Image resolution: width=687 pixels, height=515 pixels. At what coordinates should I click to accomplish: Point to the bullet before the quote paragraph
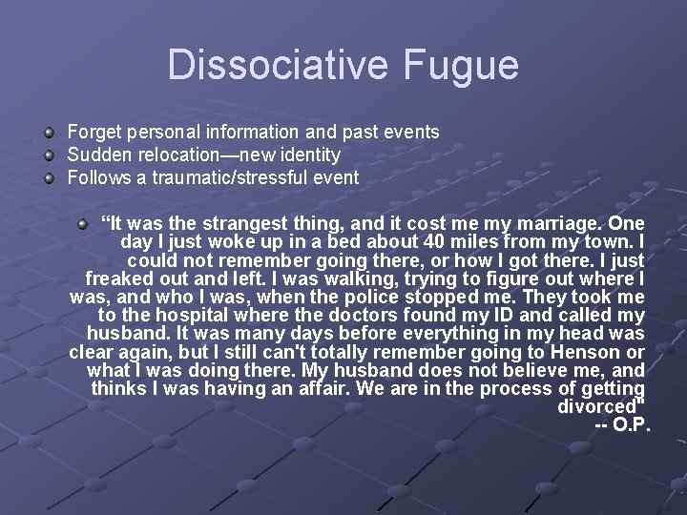(x=84, y=224)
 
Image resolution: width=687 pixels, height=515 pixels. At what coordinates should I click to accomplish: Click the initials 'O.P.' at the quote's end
(x=630, y=423)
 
